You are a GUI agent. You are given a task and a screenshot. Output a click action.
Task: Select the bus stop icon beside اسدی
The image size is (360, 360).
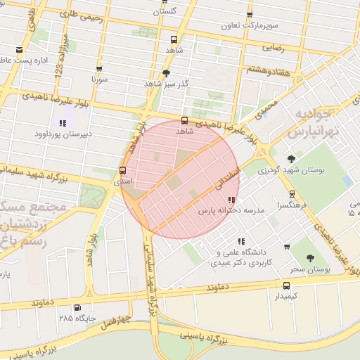pyautogui.click(x=123, y=170)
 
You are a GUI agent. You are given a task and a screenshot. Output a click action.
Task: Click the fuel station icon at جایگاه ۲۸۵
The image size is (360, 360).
pyautogui.click(x=77, y=307)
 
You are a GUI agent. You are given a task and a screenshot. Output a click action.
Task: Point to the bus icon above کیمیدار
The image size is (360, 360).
pyautogui.click(x=286, y=285)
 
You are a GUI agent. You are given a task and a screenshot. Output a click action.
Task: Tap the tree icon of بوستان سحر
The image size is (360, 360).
pyautogui.click(x=311, y=258)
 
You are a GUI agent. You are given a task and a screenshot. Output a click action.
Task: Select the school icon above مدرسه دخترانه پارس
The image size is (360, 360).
pyautogui.click(x=232, y=200)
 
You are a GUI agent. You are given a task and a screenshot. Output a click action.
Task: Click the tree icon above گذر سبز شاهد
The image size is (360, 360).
pyautogui.click(x=166, y=72)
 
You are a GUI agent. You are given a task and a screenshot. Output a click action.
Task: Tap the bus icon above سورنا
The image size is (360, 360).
pyautogui.click(x=98, y=69)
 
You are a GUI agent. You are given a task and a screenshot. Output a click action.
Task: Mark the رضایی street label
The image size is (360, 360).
pyautogui.click(x=273, y=49)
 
